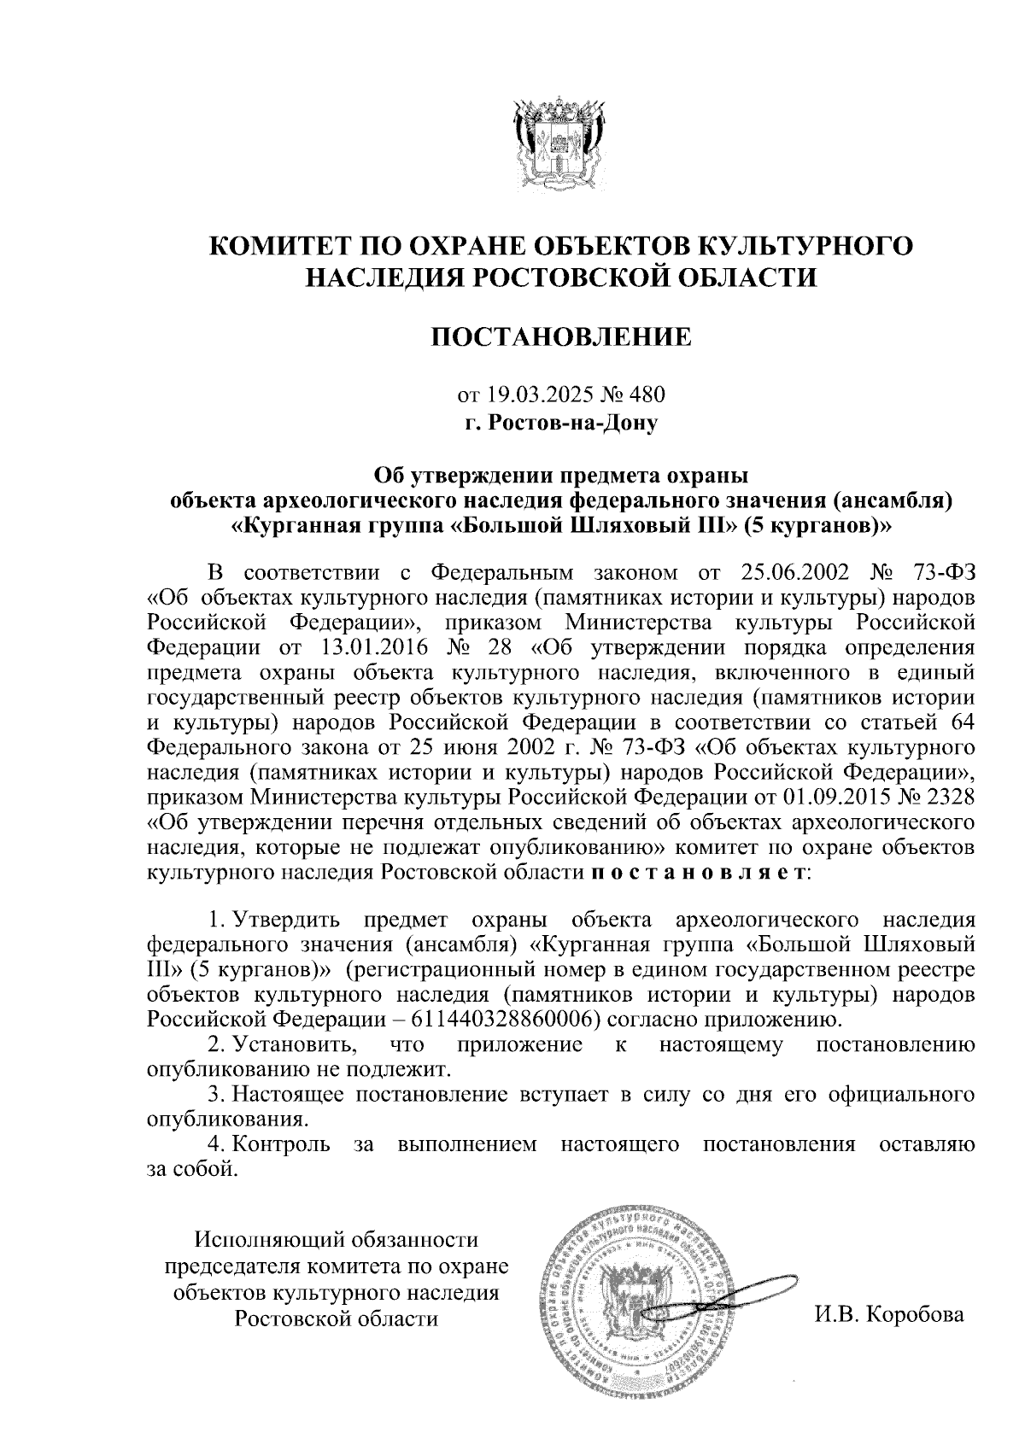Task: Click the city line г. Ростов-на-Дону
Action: click(x=560, y=421)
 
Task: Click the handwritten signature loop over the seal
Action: click(x=752, y=1286)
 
